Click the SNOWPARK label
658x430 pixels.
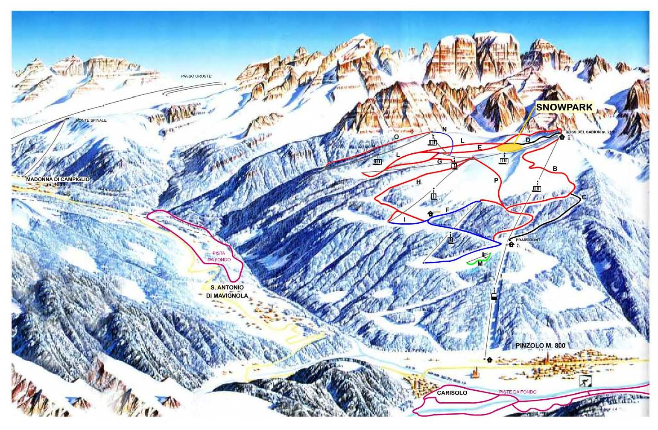point(564,107)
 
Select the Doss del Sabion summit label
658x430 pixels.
point(591,132)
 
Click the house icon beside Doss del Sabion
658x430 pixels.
point(562,137)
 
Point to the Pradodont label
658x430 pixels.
point(528,240)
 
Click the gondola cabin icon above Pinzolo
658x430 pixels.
point(494,296)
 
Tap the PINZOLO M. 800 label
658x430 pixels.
point(540,345)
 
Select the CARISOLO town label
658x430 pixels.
point(452,392)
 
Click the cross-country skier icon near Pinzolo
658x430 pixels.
point(585,381)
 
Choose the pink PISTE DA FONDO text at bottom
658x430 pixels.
point(518,392)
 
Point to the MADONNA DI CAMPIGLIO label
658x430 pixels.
point(58,181)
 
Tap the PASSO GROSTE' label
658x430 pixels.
point(196,76)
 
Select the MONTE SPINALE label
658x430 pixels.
point(91,120)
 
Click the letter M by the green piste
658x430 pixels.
point(480,264)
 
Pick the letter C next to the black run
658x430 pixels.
point(584,197)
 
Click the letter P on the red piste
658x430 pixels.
point(496,181)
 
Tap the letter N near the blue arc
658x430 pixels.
point(444,129)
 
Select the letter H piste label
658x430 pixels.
point(418,182)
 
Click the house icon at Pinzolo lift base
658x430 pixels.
point(489,360)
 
